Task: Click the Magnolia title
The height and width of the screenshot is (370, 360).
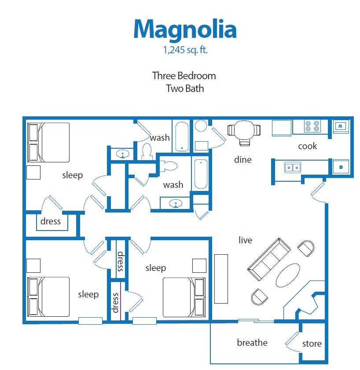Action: (x=185, y=29)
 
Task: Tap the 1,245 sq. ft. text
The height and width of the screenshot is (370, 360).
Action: (x=185, y=50)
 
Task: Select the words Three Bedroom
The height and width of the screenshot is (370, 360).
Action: (x=184, y=75)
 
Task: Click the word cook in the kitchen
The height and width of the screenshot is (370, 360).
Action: (x=308, y=146)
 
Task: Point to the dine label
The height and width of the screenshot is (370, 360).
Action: (x=242, y=160)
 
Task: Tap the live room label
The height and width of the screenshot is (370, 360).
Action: (x=245, y=240)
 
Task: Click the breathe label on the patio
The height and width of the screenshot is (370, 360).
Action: (x=252, y=342)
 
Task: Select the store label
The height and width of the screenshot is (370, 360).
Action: (x=312, y=344)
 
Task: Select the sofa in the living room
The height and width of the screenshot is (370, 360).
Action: (x=269, y=260)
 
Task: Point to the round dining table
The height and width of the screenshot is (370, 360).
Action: (x=244, y=130)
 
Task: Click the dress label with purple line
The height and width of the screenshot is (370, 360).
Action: (x=116, y=303)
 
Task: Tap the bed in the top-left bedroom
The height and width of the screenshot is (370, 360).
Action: (x=49, y=142)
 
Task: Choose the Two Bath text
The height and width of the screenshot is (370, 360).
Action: (x=184, y=88)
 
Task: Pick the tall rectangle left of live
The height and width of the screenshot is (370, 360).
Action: (x=221, y=278)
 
